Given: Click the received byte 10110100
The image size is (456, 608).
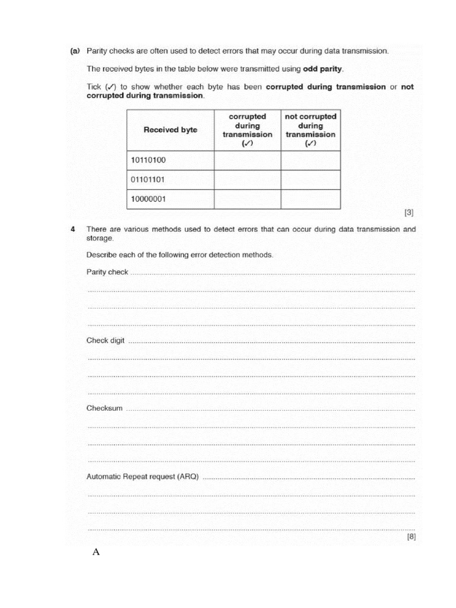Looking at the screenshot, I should point(148,160).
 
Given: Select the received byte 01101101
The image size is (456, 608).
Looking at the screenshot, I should point(148,179).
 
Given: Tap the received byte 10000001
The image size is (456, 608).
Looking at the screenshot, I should point(148,199).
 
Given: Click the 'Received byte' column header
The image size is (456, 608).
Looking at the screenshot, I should point(170,129).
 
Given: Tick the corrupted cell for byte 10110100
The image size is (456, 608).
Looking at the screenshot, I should point(247,160).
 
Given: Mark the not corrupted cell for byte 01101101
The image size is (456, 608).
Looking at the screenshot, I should point(311,180).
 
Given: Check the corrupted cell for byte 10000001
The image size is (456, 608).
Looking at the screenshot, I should point(247,199).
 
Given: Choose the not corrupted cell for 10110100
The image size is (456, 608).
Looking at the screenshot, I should point(311,160).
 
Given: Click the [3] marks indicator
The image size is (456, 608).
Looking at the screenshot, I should point(409,213).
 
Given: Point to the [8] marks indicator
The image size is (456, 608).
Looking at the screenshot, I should point(411,537).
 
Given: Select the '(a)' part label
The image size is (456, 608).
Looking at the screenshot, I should point(75,51).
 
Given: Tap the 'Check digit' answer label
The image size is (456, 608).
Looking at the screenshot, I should point(106,341).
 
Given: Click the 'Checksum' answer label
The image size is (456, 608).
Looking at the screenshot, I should point(104,408).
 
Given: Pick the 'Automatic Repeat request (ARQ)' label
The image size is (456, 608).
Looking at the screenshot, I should point(142,476).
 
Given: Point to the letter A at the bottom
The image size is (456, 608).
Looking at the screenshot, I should point(96,552).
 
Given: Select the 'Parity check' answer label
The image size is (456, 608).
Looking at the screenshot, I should point(107,272).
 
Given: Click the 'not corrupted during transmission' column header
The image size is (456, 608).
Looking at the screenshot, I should point(311,129).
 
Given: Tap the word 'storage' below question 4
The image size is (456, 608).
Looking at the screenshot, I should point(100,237).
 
